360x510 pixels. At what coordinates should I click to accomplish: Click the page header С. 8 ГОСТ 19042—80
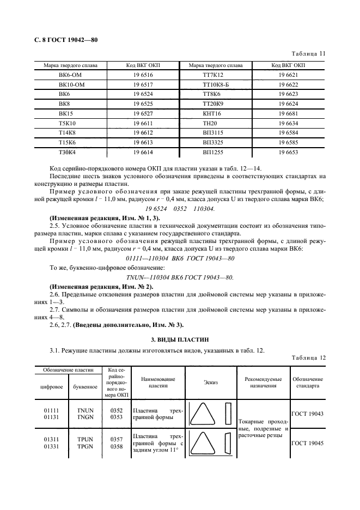[62, 40]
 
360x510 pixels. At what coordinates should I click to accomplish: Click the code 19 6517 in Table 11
[143, 84]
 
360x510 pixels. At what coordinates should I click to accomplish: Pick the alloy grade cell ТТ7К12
[213, 75]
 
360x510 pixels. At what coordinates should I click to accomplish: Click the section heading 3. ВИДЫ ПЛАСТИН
[180, 339]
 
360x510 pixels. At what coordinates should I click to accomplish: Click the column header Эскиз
[211, 382]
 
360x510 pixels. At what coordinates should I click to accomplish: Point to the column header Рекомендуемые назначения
[263, 382]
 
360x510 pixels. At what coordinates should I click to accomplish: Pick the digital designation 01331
[51, 446]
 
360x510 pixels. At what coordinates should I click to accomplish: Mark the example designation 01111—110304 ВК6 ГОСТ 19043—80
[180, 258]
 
